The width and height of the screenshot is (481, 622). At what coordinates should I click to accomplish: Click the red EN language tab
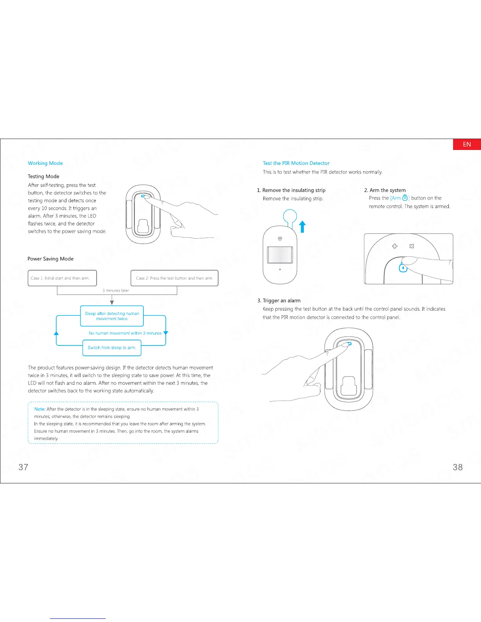coord(467,145)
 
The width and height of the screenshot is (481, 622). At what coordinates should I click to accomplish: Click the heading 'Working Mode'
coord(45,163)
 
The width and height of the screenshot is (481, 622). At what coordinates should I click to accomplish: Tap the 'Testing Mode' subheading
coord(44,177)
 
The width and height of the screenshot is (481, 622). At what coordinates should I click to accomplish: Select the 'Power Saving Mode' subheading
coord(51,259)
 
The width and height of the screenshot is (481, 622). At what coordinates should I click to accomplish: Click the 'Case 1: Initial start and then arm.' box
coord(62,278)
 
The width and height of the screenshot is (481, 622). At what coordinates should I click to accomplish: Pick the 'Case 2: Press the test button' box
coord(174,278)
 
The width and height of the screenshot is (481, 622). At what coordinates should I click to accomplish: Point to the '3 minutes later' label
coord(116,291)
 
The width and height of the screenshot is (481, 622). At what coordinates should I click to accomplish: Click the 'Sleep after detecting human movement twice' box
coord(112,316)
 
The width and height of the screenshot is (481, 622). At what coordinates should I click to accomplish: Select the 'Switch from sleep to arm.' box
coord(112,348)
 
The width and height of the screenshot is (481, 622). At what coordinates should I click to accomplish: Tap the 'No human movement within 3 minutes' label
coord(125,333)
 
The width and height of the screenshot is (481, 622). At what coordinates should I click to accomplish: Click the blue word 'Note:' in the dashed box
coord(40,409)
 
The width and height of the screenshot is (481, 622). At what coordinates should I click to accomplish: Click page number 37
coord(24,467)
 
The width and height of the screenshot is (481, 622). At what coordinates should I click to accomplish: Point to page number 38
coord(458,467)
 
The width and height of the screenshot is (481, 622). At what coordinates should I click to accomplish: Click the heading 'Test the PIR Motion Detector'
coord(296,163)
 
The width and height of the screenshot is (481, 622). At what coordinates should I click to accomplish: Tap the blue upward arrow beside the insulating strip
coord(303,227)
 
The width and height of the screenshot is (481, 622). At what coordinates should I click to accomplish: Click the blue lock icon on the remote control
coord(403,268)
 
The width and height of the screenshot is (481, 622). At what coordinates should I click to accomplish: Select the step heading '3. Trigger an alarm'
coord(279,301)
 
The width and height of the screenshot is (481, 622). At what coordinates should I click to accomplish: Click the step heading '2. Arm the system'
coord(385,190)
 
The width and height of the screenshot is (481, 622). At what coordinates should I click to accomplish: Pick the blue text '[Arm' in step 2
coord(396,198)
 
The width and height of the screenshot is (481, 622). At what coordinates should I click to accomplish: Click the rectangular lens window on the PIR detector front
coord(280,255)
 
